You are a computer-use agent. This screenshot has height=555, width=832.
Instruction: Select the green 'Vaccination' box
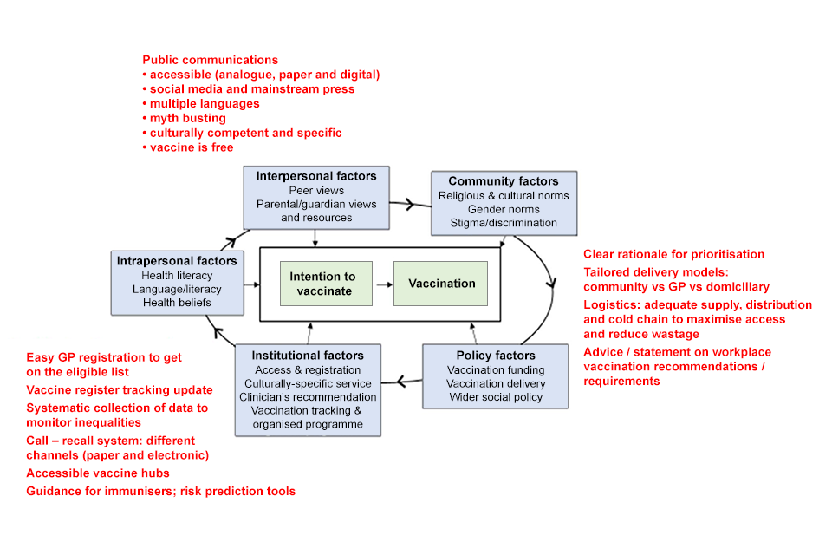pos(442,284)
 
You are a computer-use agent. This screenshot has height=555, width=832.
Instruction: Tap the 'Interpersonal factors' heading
pos(316,176)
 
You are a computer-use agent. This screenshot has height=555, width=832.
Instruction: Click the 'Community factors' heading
pos(504,181)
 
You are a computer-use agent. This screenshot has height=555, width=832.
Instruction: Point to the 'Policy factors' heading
pos(496,356)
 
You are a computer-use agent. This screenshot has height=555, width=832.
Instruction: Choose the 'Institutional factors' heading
pos(308,356)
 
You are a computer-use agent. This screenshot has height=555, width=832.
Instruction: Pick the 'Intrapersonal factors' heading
pos(176,260)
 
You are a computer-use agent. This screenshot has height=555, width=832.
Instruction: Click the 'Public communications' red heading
pos(211,60)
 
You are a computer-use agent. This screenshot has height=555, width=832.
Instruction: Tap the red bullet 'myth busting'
pos(187,118)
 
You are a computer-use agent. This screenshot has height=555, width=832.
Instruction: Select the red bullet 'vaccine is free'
pos(192,147)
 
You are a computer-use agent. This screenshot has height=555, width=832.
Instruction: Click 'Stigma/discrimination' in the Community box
pos(504,223)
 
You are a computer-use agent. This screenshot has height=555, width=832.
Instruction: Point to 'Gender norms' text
pos(504,209)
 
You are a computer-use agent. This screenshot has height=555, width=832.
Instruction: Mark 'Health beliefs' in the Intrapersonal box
pos(176,303)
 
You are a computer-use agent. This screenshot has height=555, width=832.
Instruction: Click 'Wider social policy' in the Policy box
pos(496,397)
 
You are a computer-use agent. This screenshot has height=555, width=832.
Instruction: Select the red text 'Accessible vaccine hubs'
pos(98,473)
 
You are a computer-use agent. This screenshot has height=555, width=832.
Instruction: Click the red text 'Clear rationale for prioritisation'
pos(674,254)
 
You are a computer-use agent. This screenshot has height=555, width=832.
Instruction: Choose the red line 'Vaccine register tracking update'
pos(120,389)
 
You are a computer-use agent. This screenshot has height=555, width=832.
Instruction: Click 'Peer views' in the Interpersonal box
pos(316,190)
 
